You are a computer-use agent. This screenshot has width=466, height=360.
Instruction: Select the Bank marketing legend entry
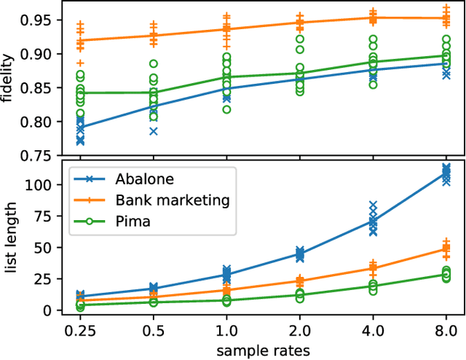(x=172, y=200)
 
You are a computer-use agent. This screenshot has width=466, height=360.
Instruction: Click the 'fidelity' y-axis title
(x=9, y=82)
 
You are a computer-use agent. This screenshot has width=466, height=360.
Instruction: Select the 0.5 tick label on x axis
(x=153, y=329)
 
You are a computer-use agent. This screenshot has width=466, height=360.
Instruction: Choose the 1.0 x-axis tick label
(x=226, y=329)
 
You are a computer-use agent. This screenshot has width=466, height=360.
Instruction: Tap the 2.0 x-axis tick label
(x=299, y=329)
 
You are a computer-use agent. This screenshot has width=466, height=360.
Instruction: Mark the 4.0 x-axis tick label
(x=372, y=329)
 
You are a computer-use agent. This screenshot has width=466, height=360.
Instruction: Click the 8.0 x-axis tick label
(x=445, y=329)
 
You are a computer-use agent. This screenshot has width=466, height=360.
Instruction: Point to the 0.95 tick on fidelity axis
(x=40, y=20)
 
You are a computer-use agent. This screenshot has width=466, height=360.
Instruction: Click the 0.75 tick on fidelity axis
(x=40, y=155)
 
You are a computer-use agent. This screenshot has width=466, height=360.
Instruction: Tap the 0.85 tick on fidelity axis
(x=40, y=87)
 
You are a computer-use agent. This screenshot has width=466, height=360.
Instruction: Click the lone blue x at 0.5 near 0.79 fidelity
(x=153, y=131)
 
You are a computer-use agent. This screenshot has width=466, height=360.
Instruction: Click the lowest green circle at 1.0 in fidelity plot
(x=226, y=109)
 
